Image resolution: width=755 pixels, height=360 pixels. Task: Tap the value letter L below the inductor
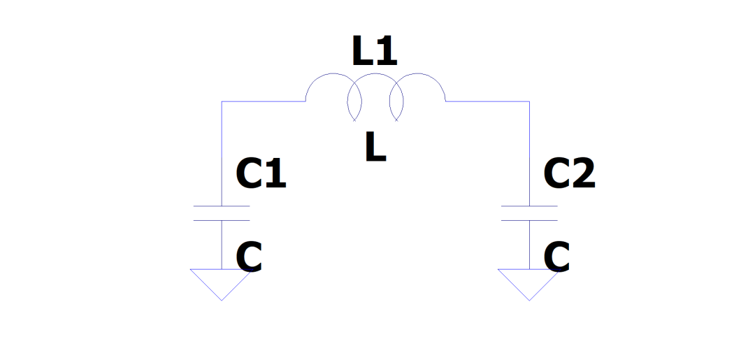click(375, 147)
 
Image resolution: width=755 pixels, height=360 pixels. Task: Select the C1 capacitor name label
click(261, 174)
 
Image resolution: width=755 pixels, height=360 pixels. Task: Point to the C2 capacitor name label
click(569, 174)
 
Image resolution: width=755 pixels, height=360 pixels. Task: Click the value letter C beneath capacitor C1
click(249, 257)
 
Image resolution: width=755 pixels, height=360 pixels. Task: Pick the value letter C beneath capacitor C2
click(556, 257)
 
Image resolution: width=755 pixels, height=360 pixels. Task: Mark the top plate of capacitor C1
click(221, 206)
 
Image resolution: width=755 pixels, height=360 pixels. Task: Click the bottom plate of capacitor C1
click(221, 220)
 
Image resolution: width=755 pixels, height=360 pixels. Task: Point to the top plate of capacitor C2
click(529, 206)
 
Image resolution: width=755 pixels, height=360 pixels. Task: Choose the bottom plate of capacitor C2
click(529, 220)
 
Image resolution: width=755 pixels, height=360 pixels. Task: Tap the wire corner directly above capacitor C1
click(222, 101)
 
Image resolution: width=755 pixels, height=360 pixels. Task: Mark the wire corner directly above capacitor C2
click(529, 101)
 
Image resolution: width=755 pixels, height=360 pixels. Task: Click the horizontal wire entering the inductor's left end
click(264, 101)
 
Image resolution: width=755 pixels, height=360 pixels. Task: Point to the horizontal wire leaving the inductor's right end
click(487, 101)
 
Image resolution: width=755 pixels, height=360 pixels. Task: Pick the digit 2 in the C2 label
click(582, 174)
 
